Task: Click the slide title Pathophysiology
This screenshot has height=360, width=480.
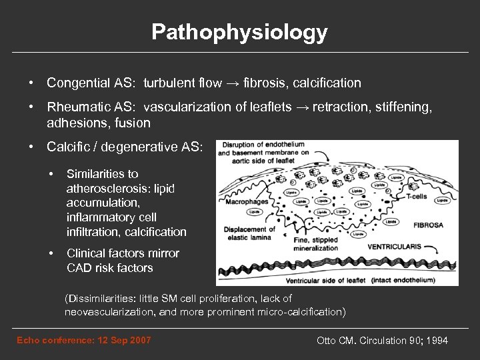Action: [239, 32]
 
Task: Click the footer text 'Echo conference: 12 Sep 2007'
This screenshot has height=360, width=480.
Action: [83, 341]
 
